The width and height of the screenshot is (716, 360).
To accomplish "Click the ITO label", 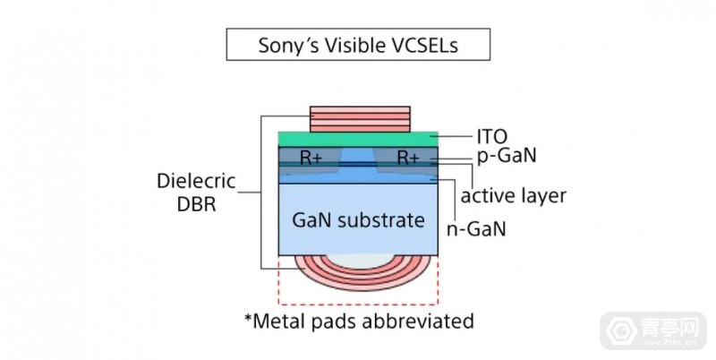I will tap(490, 137).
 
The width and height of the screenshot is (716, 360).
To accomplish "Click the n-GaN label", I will tap(476, 228).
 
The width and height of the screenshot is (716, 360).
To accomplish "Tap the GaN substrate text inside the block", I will tap(358, 219).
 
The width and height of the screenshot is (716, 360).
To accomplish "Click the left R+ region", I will tap(311, 159).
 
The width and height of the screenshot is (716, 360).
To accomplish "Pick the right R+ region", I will tap(408, 159).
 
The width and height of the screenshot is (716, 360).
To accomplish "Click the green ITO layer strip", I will tap(358, 139).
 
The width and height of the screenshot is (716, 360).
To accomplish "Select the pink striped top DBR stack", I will tap(358, 119).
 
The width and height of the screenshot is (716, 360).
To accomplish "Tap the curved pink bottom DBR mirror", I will tap(358, 275).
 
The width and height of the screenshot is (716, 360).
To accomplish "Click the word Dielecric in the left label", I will tap(194, 181).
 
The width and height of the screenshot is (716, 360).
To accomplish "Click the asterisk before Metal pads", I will tap(249, 317).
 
